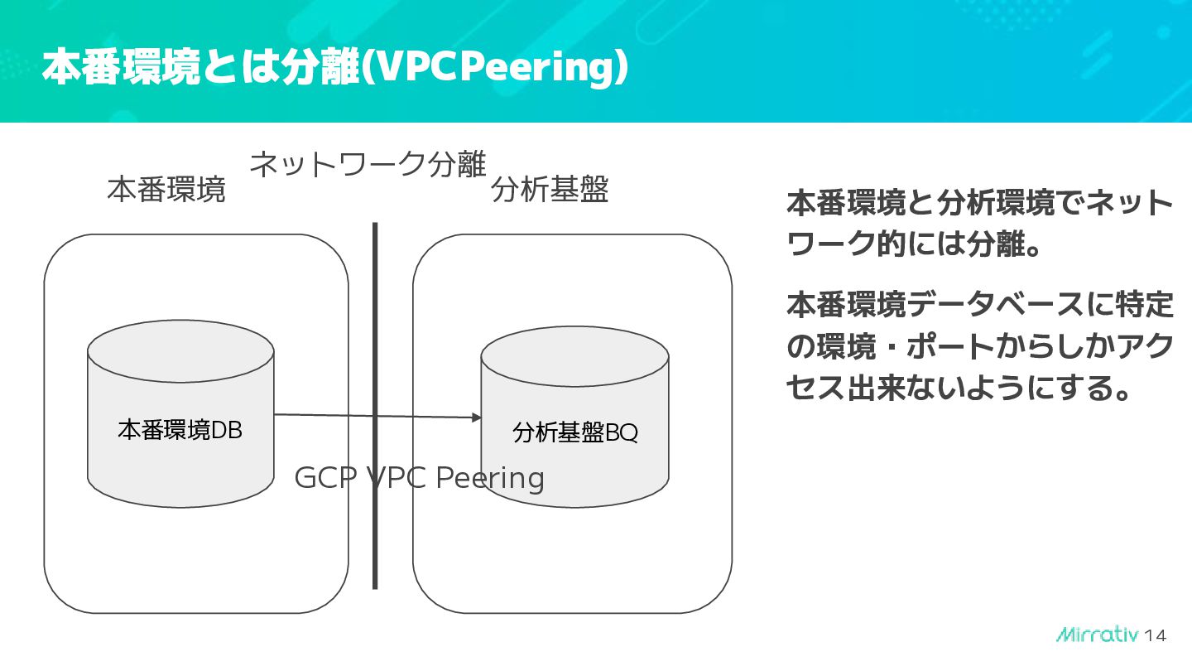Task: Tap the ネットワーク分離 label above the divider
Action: [x=367, y=164]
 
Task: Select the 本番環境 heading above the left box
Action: [x=166, y=191]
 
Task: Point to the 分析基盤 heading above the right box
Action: [x=550, y=191]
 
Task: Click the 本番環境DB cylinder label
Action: [x=180, y=430]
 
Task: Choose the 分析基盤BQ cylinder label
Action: [x=575, y=432]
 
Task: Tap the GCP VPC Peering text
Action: [x=419, y=478]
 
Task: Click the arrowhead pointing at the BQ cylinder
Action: [x=476, y=418]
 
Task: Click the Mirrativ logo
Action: [x=1098, y=635]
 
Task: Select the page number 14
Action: [x=1156, y=636]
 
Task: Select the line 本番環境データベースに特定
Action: [x=979, y=306]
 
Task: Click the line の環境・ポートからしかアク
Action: [x=979, y=346]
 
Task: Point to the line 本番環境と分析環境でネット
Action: [x=979, y=204]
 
